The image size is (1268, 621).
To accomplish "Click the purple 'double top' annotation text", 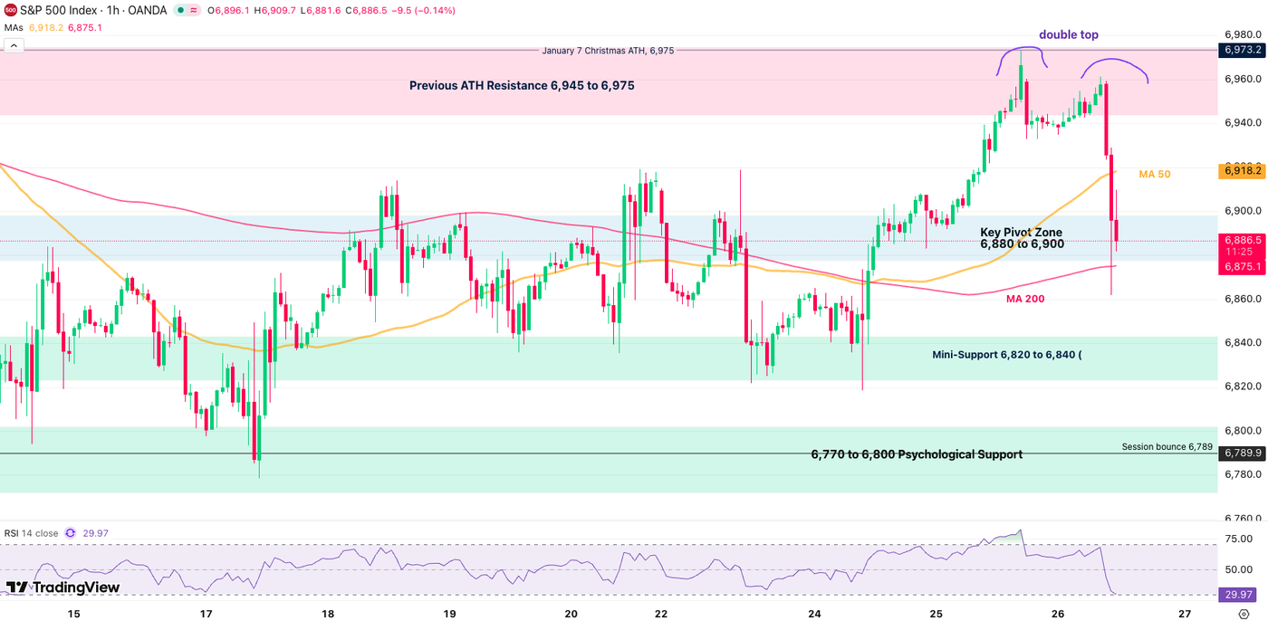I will click(x=1068, y=34).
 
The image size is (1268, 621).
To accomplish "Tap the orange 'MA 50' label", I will click(x=1154, y=174).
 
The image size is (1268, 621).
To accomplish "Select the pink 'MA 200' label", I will click(x=1027, y=298).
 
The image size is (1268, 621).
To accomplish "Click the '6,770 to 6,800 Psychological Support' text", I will click(x=916, y=454).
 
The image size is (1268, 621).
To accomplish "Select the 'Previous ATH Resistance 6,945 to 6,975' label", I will click(x=521, y=86).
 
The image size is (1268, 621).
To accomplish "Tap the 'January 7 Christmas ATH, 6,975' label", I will click(x=607, y=51).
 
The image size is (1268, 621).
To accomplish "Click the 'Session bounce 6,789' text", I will click(x=1167, y=446).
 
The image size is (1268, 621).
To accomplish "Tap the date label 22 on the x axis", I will click(x=660, y=614).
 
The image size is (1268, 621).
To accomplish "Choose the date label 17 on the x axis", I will click(x=206, y=614).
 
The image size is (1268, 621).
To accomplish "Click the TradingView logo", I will click(x=62, y=588).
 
